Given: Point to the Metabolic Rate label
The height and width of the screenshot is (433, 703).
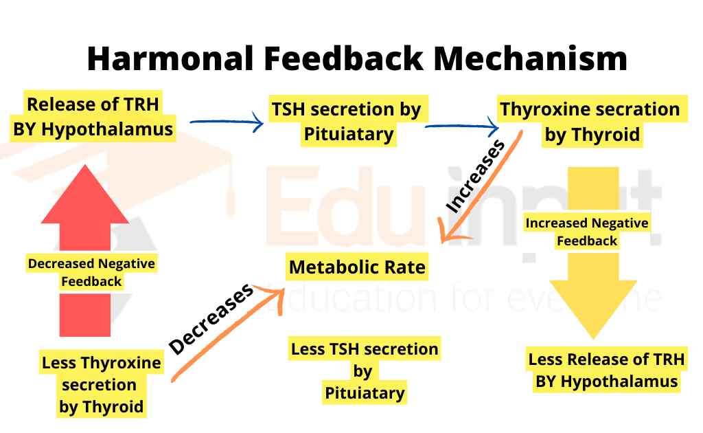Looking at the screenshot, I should [x=357, y=267].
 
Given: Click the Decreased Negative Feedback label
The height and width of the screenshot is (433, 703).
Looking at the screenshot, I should [x=91, y=272].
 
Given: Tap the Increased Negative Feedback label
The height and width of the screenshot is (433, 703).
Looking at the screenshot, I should [x=587, y=232].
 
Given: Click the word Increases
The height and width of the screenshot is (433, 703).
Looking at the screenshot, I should [x=475, y=175].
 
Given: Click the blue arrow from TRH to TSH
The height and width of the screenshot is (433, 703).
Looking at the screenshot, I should [x=226, y=123].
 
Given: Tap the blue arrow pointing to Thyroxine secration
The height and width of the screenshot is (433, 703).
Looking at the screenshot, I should [x=461, y=126].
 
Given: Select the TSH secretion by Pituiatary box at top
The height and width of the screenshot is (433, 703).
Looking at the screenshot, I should [x=347, y=121].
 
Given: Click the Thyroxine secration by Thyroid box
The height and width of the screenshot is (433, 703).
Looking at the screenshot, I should [x=590, y=121].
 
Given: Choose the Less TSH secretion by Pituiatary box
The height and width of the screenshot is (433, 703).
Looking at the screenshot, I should [x=364, y=370].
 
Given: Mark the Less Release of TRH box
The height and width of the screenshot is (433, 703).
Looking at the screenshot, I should [x=606, y=370].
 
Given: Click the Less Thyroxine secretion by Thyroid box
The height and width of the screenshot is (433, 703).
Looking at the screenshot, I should [x=102, y=384].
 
